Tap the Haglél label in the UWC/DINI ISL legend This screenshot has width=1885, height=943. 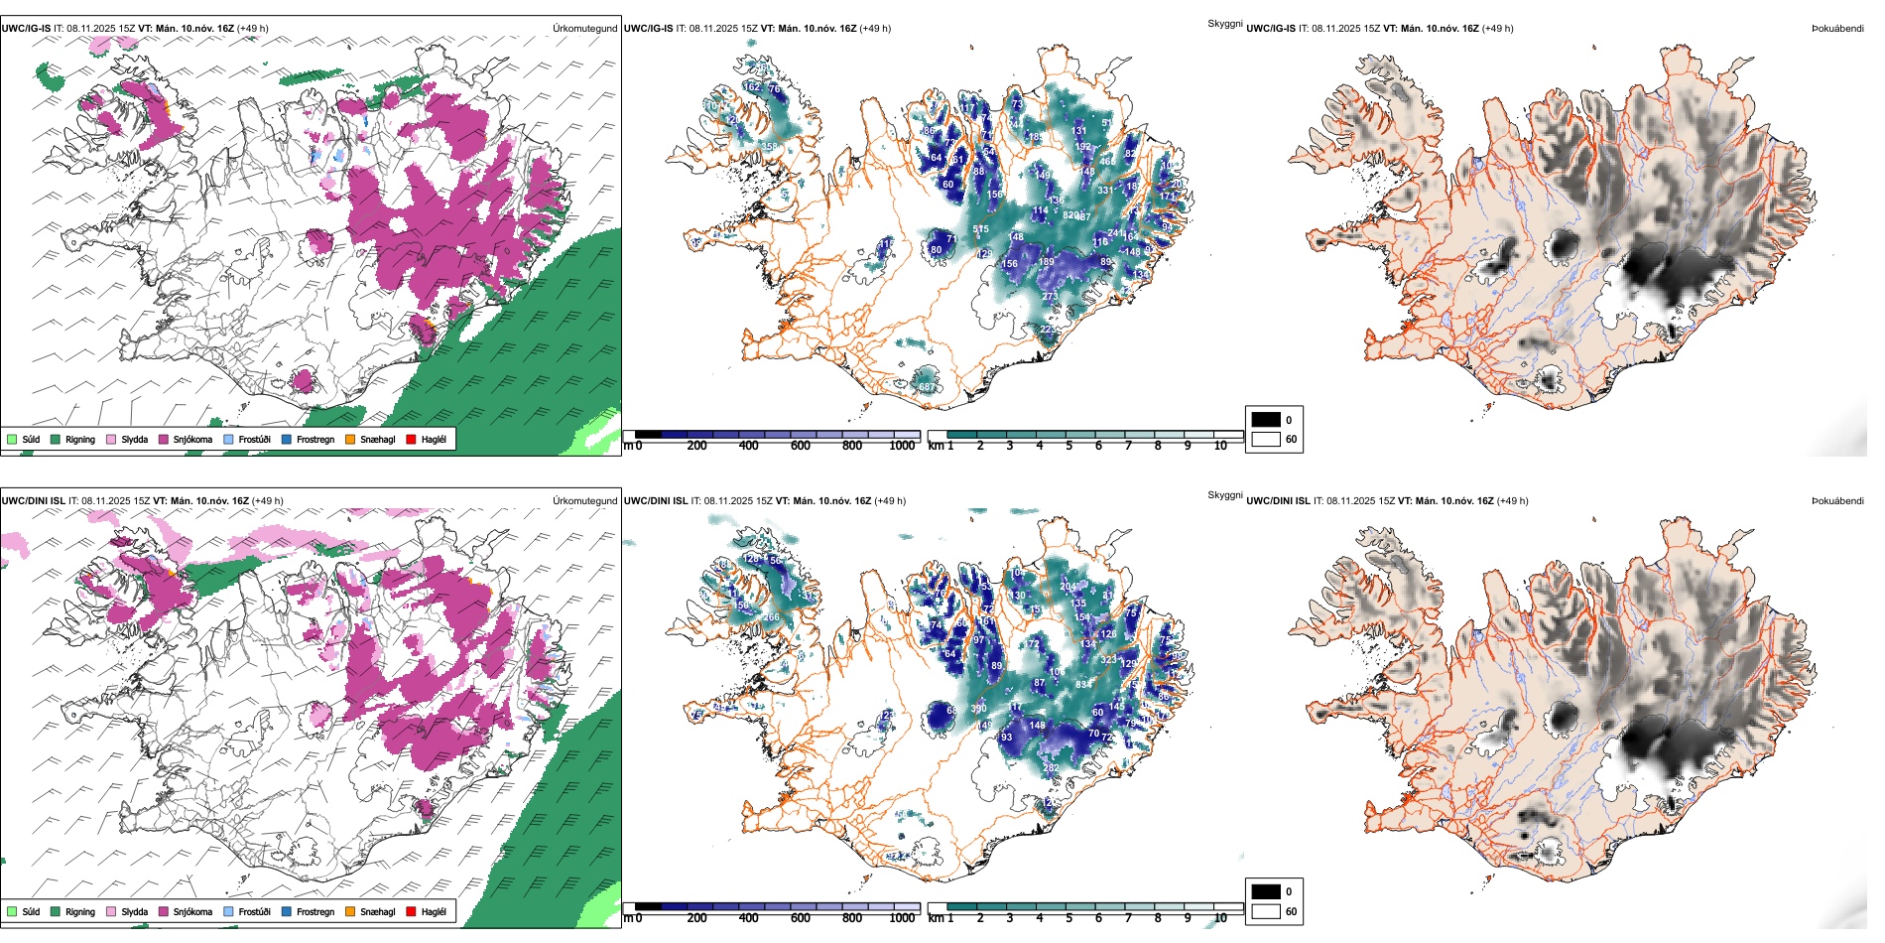[x=434, y=911]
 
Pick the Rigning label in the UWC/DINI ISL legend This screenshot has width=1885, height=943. [x=80, y=911]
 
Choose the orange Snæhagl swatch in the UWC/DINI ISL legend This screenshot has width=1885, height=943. [x=350, y=911]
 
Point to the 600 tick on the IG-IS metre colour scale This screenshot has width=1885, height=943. [x=801, y=446]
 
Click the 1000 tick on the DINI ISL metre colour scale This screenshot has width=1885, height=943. [x=902, y=918]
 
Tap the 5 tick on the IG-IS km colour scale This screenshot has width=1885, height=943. [x=1068, y=446]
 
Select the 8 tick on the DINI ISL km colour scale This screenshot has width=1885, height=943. [x=1158, y=918]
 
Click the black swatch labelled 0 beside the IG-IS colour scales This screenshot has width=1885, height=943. [x=1266, y=420]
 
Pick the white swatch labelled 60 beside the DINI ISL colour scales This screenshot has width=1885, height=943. [x=1266, y=911]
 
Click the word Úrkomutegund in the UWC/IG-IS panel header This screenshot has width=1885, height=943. [x=584, y=29]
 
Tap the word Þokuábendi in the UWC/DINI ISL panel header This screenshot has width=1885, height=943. [x=1837, y=501]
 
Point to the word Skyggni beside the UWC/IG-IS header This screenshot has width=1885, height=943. [x=1224, y=23]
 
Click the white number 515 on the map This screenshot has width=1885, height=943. [x=980, y=230]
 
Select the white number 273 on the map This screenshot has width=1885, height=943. [x=1050, y=297]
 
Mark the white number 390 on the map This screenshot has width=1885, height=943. [x=978, y=709]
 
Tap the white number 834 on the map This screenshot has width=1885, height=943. [x=1082, y=684]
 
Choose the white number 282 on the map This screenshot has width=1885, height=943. [x=1051, y=768]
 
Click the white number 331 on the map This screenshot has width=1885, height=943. [x=1104, y=191]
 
